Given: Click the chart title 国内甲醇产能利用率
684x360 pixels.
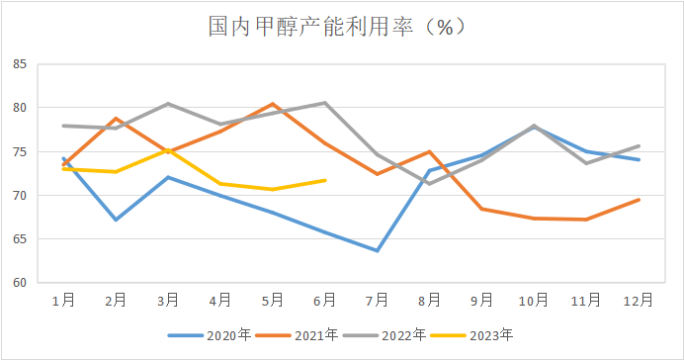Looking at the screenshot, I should coord(337,28).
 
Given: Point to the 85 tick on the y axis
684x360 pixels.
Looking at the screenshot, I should coord(19,64).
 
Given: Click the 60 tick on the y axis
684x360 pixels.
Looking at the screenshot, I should coord(19,283).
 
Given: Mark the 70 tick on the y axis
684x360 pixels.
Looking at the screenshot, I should coord(19,196).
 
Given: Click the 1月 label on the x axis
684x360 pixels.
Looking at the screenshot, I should coord(63,300).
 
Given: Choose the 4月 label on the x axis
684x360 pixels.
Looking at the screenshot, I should coord(220,300).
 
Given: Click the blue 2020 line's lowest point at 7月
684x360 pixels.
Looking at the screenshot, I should coord(378,250).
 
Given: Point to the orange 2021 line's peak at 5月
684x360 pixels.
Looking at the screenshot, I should coord(273,104).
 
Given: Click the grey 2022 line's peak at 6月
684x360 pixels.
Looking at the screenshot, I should coord(325,103).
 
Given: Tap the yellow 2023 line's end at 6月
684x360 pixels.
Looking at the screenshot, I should coord(325,180).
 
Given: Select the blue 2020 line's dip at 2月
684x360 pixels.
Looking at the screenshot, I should coord(116,220).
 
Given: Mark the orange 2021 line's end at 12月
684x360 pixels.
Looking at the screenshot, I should coord(640,200).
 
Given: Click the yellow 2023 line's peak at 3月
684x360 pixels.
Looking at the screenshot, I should coord(168,150).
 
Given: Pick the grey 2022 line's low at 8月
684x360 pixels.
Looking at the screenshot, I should coord(430,183).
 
